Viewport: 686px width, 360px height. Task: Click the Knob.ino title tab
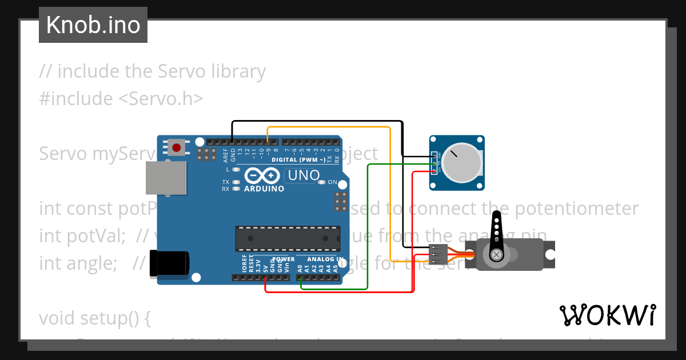[x=93, y=25]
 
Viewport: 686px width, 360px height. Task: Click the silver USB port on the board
[x=166, y=178]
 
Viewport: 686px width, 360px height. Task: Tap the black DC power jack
[x=169, y=263]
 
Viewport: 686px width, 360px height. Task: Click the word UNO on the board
[x=303, y=175]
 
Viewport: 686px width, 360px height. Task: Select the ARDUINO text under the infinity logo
[x=264, y=189]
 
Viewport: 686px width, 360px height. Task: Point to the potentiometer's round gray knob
[x=461, y=162]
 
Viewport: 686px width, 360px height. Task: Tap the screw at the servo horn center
[x=497, y=254]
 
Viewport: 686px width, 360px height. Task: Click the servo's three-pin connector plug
[x=437, y=254]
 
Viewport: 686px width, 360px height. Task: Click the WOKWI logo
[x=607, y=315]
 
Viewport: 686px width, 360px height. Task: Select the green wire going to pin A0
[x=368, y=229]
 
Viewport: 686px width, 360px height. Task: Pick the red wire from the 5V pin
[x=343, y=292]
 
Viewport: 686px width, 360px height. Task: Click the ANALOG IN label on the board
[x=325, y=259]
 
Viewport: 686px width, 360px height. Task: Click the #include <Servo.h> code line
[x=121, y=98]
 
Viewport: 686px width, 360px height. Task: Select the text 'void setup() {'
[x=94, y=318]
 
